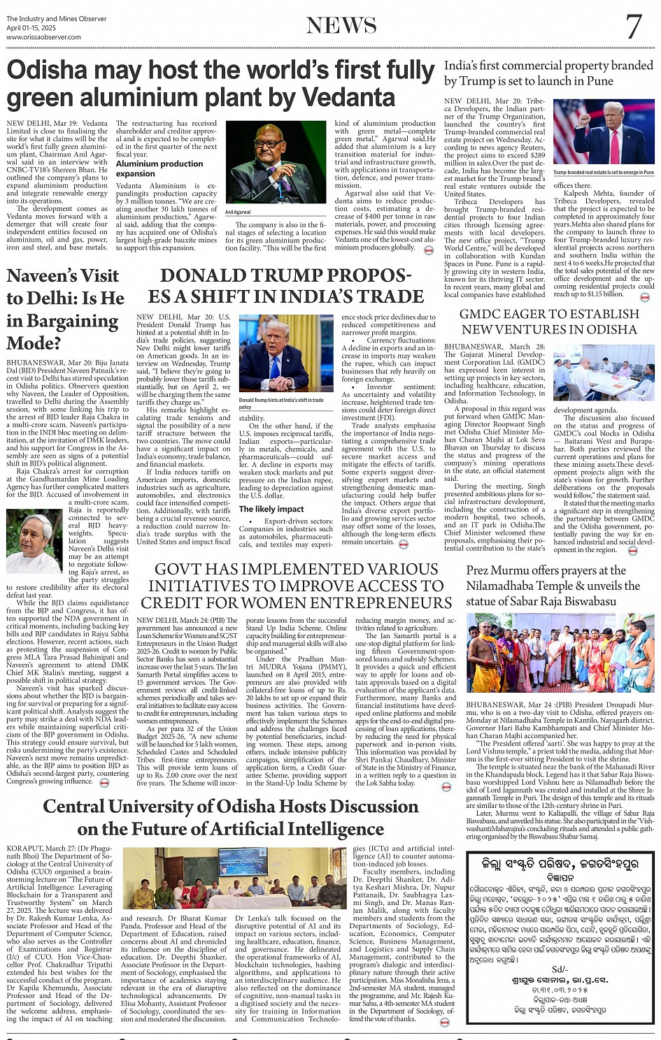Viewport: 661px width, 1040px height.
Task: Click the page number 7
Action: point(634,27)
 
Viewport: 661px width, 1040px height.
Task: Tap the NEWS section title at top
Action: point(341,26)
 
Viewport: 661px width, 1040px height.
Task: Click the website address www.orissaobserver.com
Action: point(43,36)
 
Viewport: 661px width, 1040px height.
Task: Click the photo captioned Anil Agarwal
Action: point(276,162)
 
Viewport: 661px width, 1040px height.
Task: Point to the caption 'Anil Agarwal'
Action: point(238,212)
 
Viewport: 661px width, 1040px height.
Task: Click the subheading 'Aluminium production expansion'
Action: point(159,168)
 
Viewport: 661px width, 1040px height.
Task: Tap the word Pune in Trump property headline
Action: point(599,81)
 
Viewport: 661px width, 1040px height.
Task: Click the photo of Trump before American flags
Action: point(604,132)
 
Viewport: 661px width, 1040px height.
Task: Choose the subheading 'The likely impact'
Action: point(271,509)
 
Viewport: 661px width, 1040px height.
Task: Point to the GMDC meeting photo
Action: point(604,372)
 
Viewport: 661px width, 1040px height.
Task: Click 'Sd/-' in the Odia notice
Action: point(560,969)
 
